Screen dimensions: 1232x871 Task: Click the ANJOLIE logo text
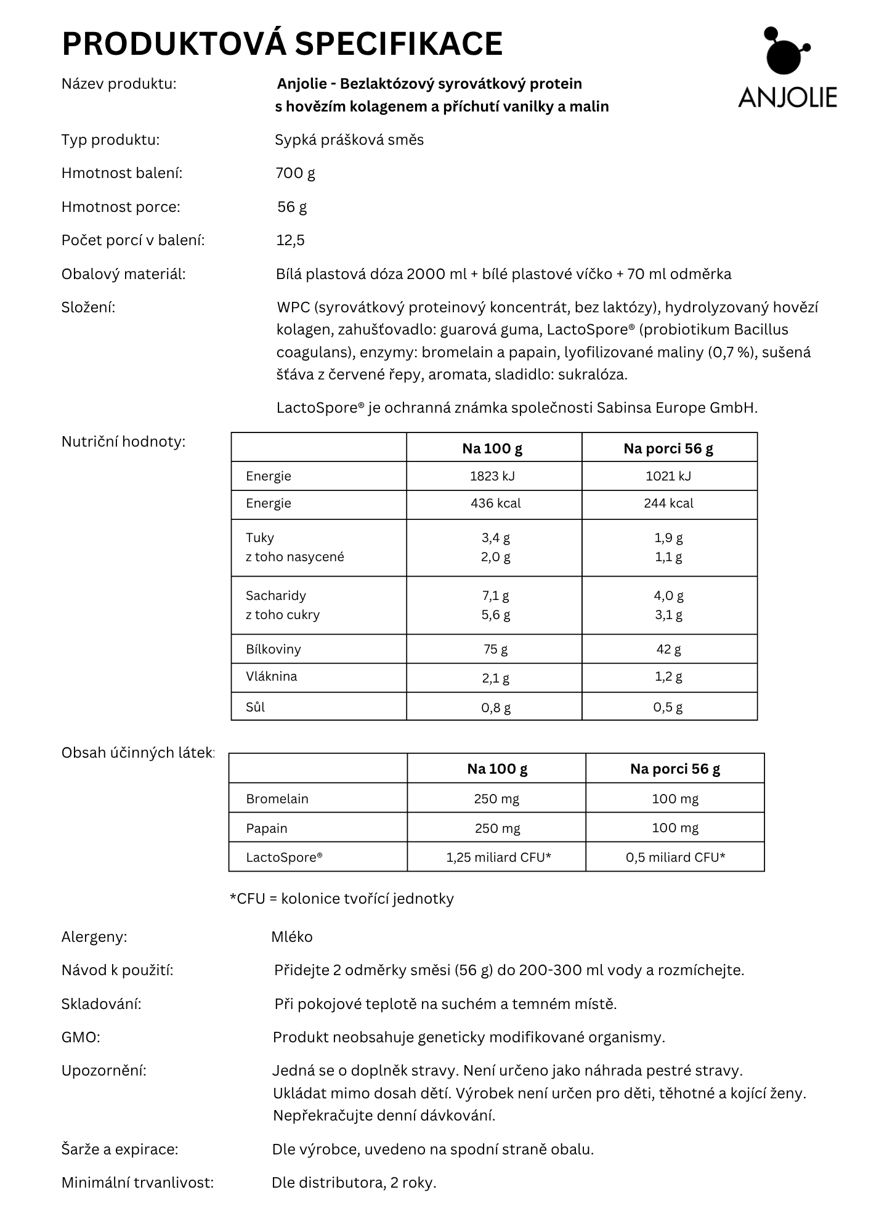point(787,97)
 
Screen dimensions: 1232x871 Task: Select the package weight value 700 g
point(295,173)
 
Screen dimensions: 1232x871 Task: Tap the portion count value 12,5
point(290,240)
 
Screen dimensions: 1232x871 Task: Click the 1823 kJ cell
point(493,476)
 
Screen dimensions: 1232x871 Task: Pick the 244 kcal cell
point(668,503)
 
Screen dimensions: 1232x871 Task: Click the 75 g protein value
point(495,649)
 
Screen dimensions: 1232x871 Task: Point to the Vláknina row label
point(271,676)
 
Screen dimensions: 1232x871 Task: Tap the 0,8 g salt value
point(496,707)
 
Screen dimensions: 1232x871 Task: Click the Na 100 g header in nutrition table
point(492,448)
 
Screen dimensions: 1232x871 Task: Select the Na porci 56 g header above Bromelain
point(675,769)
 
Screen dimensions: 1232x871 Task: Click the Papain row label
point(266,828)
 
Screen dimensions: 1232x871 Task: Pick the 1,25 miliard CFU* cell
point(498,857)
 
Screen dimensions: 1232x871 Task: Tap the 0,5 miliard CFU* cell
point(675,857)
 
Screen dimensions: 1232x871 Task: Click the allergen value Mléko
point(292,937)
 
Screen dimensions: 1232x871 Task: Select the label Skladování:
point(101,1004)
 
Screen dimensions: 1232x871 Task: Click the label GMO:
point(81,1037)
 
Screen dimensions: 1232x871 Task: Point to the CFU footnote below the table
point(341,899)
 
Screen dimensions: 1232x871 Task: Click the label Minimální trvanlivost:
point(137,1183)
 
